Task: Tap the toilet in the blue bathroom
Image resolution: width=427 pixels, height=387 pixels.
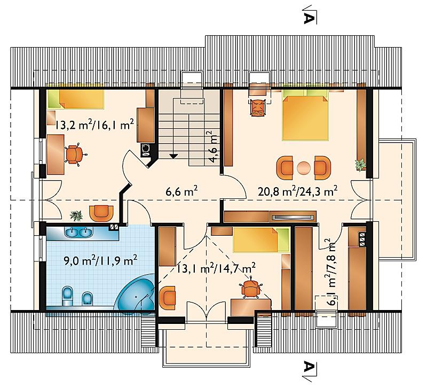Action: (x=67, y=296)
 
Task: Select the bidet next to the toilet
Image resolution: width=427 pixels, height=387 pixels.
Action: (x=87, y=298)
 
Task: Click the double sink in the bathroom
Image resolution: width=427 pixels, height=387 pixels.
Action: (x=78, y=232)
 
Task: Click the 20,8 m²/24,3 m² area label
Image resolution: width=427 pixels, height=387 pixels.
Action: (x=298, y=191)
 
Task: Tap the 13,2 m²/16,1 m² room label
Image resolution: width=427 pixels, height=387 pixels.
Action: (x=94, y=125)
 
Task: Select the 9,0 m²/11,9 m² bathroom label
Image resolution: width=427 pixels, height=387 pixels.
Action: (x=100, y=261)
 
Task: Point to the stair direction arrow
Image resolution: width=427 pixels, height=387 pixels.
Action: (x=173, y=156)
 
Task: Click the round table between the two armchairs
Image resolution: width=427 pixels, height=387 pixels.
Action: (x=304, y=167)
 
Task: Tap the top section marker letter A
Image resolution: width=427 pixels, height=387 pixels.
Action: (x=309, y=18)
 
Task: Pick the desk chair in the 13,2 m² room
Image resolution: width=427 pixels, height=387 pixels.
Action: (x=74, y=154)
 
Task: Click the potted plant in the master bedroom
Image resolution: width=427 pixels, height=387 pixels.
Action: (x=361, y=165)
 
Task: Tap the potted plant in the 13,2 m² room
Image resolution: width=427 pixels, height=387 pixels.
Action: (x=76, y=215)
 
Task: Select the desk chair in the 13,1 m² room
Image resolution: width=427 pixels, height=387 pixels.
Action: (x=250, y=288)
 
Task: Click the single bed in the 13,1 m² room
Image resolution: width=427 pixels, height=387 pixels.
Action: (x=260, y=239)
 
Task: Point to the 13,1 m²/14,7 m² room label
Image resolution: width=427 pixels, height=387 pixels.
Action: (x=216, y=269)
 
